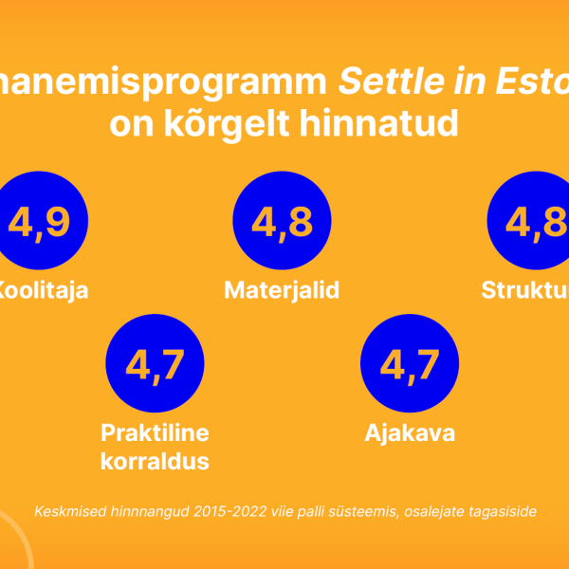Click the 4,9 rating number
[x=39, y=222]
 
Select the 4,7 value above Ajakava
[x=409, y=364]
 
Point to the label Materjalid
[x=282, y=290]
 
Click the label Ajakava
[x=410, y=433]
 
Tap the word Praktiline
[x=155, y=433]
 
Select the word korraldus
[x=155, y=462]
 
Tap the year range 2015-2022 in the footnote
[x=226, y=511]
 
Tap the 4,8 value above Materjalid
[x=282, y=222]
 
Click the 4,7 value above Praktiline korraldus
[x=155, y=364]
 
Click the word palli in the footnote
[x=303, y=511]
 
